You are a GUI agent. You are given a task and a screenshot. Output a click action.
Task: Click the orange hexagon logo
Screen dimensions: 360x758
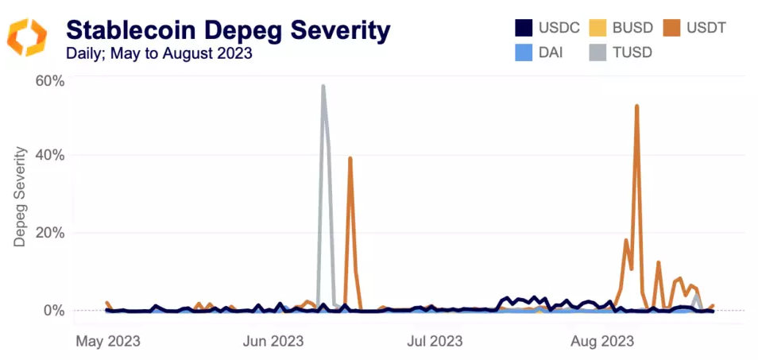click(x=27, y=37)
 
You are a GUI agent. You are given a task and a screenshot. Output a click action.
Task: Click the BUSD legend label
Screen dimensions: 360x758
click(x=634, y=29)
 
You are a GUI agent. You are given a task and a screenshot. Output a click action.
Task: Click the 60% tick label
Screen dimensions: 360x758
click(x=49, y=81)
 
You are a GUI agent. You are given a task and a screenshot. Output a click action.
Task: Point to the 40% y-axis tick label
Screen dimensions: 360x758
click(x=49, y=154)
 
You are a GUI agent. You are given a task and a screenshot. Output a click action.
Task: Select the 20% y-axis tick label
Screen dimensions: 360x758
click(x=49, y=233)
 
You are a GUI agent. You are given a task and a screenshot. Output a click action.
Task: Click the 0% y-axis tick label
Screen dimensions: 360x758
click(x=53, y=310)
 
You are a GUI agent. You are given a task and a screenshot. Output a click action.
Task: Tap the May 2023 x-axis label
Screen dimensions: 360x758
click(x=107, y=342)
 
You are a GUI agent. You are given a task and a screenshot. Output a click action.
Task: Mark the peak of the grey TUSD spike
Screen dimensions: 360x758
click(x=323, y=86)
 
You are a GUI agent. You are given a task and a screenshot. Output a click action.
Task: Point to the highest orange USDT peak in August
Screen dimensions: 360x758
click(x=637, y=106)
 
